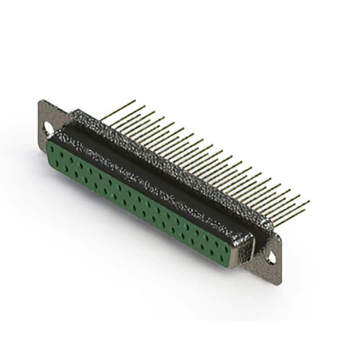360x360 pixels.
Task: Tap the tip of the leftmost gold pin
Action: point(135,101)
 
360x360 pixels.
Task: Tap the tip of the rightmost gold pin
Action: point(309,201)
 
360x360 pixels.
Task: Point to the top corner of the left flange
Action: point(41,101)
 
